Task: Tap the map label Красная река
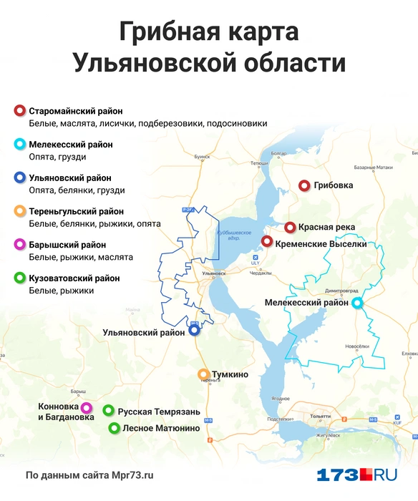326,228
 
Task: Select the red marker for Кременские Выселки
266,241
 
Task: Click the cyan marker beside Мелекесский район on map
357,303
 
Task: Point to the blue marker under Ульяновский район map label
194,331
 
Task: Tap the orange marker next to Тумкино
203,374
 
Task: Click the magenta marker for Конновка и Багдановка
87,407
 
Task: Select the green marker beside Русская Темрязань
108,411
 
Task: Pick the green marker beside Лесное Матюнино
114,428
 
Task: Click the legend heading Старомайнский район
76,111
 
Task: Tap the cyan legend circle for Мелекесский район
19,145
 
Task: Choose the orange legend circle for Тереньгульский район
19,211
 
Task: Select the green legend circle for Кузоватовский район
19,278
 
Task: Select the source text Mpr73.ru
132,475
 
